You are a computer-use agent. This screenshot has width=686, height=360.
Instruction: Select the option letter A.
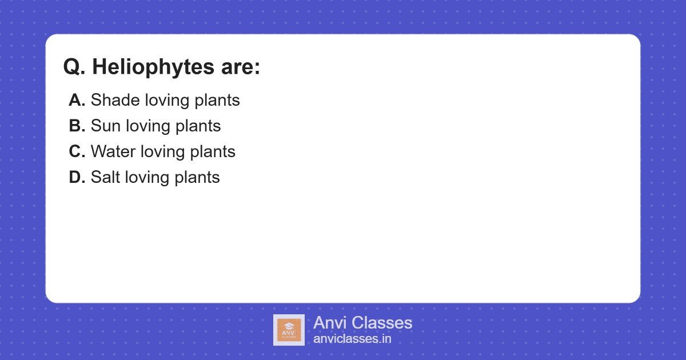77,100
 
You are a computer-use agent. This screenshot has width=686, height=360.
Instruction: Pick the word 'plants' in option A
217,101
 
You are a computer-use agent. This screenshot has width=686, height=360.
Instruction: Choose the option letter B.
77,126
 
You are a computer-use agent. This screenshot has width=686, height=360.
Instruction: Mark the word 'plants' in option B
198,126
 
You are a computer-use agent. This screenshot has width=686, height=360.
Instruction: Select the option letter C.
77,151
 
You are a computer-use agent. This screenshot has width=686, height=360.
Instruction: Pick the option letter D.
77,177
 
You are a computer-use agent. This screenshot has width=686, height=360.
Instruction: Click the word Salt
105,177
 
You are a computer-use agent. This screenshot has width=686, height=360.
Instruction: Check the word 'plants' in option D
197,178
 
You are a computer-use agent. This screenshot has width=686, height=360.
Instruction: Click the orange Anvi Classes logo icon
289,330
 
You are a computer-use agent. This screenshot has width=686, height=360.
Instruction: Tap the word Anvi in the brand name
330,323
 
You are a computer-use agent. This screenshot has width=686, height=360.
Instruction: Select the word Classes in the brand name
381,323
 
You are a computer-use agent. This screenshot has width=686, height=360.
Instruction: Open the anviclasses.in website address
352,339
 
